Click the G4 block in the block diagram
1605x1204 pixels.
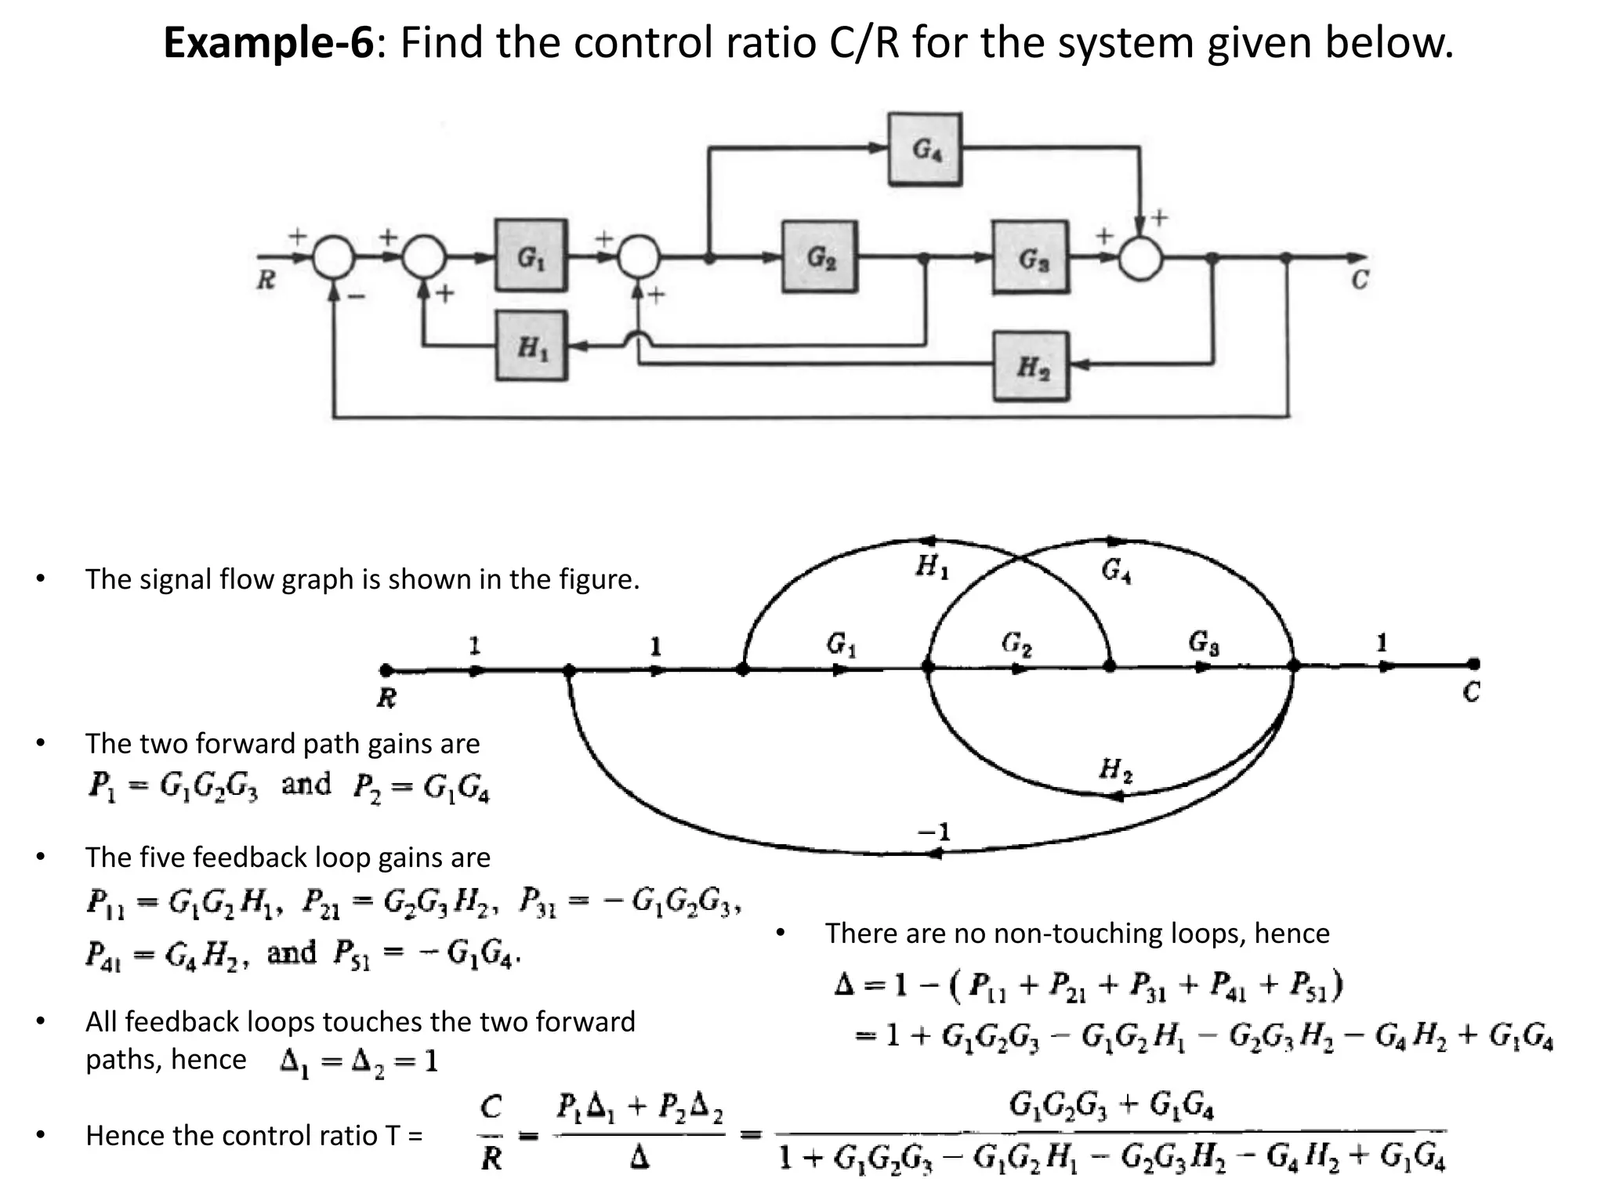pos(925,149)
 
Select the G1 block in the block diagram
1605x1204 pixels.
pos(531,256)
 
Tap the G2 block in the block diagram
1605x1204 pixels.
pos(819,256)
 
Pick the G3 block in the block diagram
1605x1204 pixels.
pos(1030,257)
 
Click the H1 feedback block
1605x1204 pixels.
pos(531,346)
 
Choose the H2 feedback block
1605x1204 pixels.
pos(1031,366)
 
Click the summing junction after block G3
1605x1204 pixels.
pos(1139,257)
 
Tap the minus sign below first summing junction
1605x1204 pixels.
pos(357,296)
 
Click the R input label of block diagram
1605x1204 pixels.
pos(266,280)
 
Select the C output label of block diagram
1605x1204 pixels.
pos(1360,279)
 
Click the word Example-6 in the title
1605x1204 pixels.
pos(269,42)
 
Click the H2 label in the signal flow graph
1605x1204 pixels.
pos(1115,770)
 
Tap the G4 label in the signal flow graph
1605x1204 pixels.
pos(1116,570)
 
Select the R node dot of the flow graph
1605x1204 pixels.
pos(385,670)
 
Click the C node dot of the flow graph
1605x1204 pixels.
pos(1474,665)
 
